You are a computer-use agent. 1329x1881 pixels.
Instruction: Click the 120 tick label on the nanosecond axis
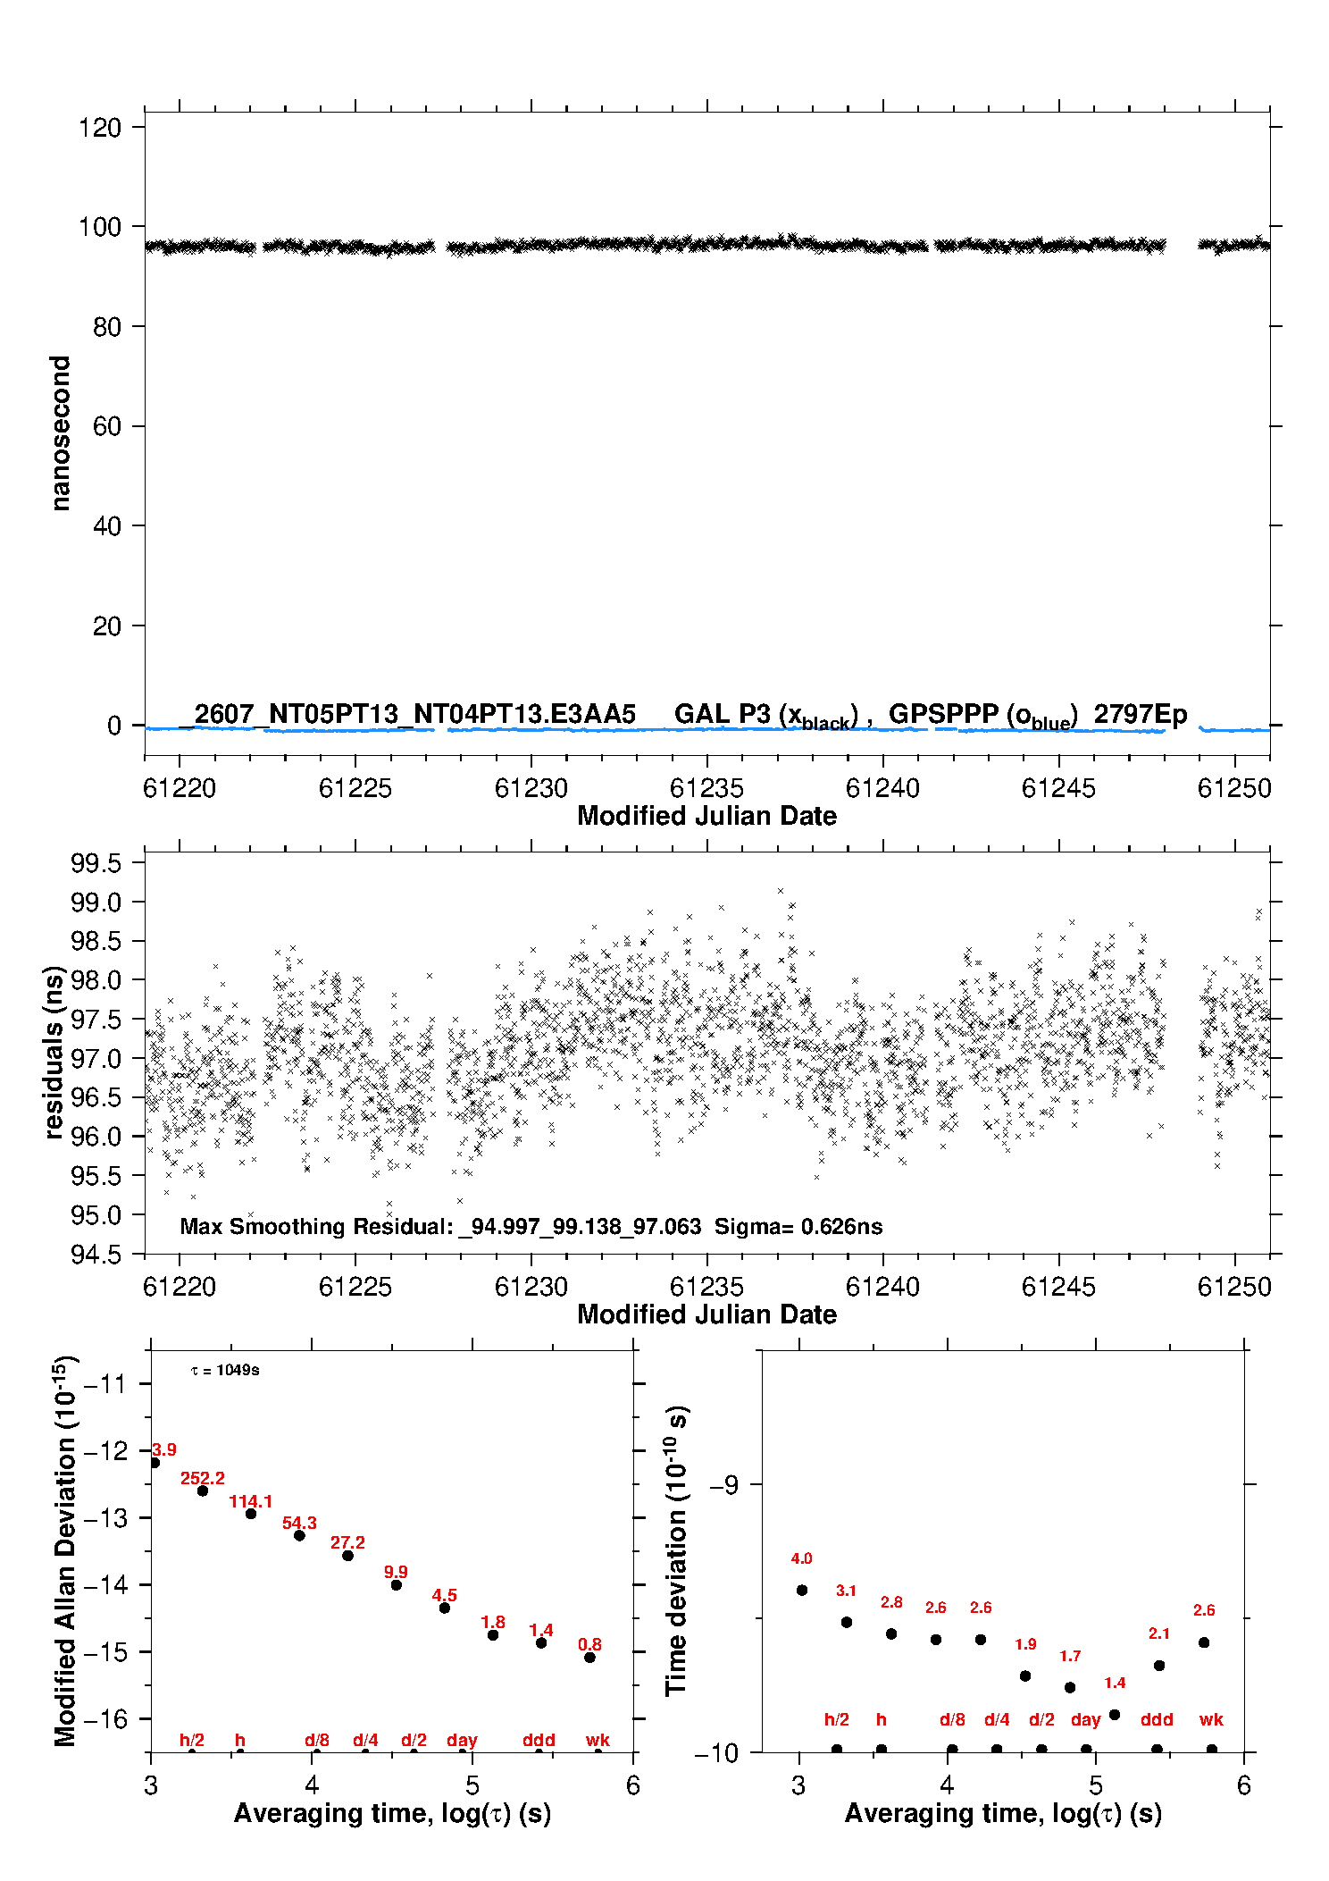point(99,127)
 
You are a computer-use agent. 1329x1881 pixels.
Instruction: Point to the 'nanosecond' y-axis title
point(60,433)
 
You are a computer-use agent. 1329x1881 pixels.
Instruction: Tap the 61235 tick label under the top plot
point(706,788)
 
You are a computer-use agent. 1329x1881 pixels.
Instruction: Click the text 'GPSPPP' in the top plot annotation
point(943,714)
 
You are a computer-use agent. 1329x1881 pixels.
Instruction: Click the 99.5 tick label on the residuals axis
point(96,863)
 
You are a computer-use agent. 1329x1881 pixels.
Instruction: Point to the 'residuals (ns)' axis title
point(54,1053)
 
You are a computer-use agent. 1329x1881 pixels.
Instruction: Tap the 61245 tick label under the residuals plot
point(1058,1287)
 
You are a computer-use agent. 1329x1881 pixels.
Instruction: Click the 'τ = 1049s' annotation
point(225,1371)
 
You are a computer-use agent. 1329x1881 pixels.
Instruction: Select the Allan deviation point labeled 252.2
point(203,1491)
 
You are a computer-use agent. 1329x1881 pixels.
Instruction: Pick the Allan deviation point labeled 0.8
point(589,1658)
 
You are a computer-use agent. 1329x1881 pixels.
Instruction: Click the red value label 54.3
point(299,1523)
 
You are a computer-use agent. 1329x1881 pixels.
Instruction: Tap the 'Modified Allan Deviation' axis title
point(65,1552)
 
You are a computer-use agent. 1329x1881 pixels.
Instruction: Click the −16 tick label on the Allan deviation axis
point(104,1718)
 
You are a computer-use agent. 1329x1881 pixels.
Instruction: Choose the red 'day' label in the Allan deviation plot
point(462,1740)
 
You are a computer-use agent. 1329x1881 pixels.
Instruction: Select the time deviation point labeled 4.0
point(802,1591)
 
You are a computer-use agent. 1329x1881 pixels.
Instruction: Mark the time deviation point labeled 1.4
point(1115,1715)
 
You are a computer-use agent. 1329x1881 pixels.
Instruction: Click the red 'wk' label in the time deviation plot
point(1211,1719)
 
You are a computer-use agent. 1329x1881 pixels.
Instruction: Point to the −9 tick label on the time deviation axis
point(724,1485)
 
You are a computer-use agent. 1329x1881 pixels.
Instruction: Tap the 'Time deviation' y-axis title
point(677,1551)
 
